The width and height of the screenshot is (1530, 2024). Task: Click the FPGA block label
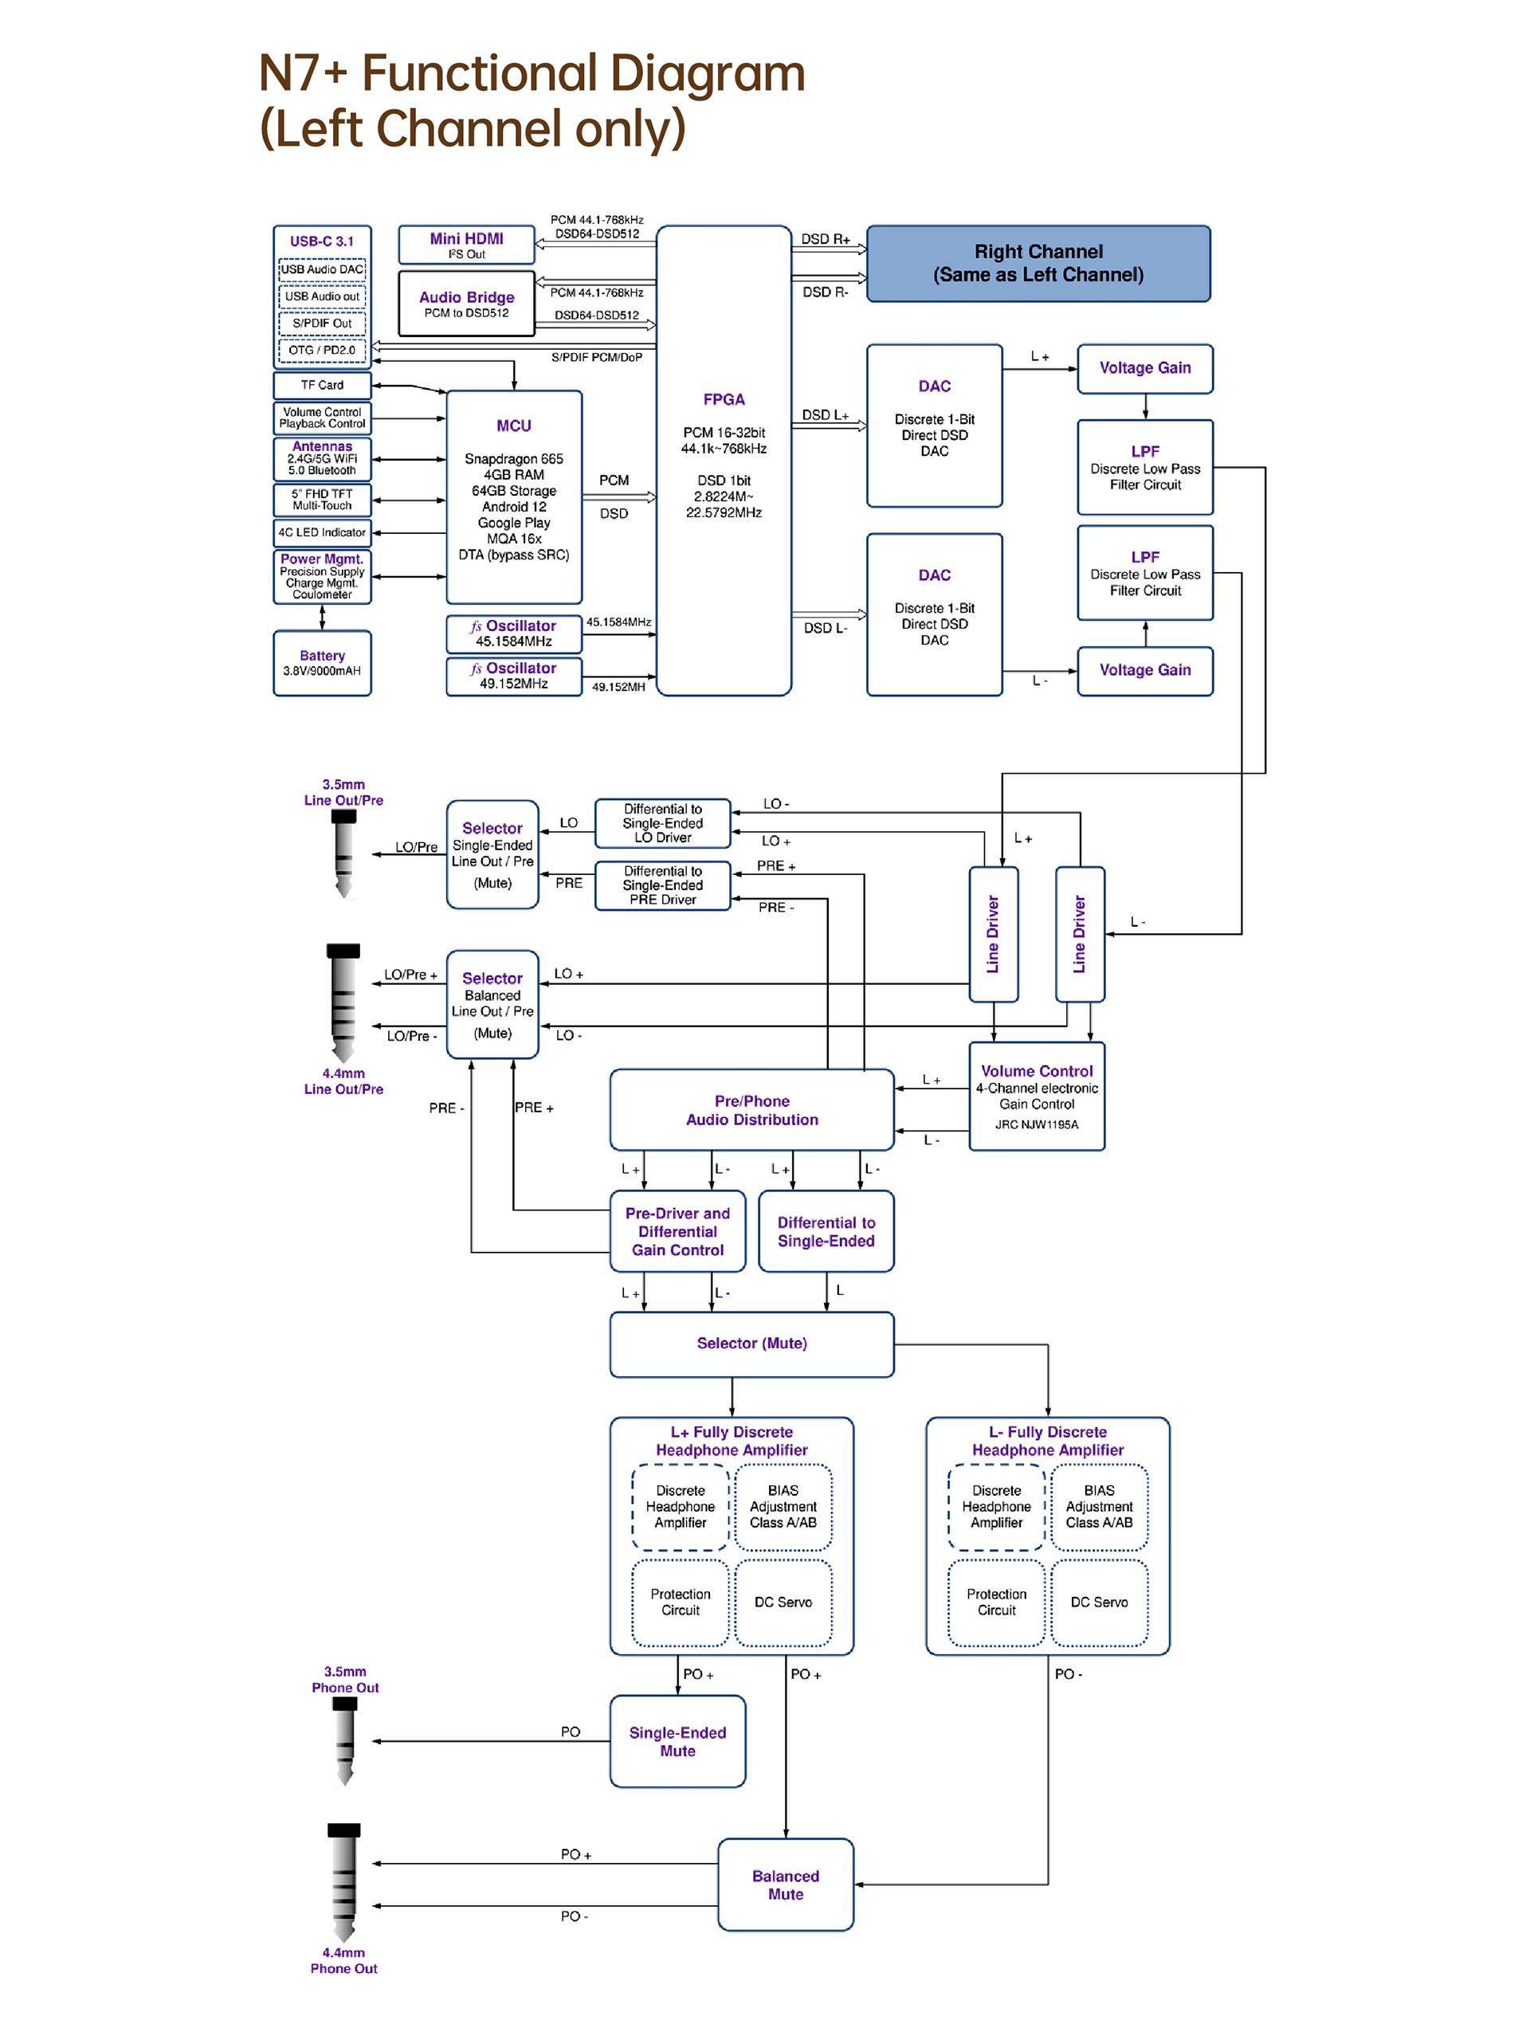click(x=723, y=399)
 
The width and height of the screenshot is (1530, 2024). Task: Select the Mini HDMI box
click(x=467, y=245)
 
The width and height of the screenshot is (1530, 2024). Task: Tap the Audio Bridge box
click(x=467, y=303)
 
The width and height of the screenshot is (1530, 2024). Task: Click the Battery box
click(x=322, y=662)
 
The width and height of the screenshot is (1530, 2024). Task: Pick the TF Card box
click(x=322, y=385)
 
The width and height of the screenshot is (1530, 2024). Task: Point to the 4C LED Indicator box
click(x=322, y=532)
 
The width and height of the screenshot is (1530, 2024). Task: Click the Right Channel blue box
click(x=1038, y=264)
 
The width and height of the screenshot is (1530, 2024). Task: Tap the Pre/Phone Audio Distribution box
click(x=751, y=1110)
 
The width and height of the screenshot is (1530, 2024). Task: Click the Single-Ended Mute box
click(x=677, y=1741)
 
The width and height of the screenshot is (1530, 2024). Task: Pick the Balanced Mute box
click(x=785, y=1885)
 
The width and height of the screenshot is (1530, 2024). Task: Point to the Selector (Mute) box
click(x=751, y=1344)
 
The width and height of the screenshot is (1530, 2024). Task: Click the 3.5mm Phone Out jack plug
click(x=344, y=1741)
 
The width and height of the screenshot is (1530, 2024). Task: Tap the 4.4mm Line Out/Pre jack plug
click(x=343, y=1004)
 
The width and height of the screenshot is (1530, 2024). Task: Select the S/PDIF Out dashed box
click(x=322, y=323)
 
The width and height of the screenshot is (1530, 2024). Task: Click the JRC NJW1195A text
click(x=1037, y=1124)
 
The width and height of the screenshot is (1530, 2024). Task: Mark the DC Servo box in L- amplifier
click(x=1099, y=1602)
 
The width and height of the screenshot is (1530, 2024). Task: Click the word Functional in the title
click(x=475, y=73)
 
